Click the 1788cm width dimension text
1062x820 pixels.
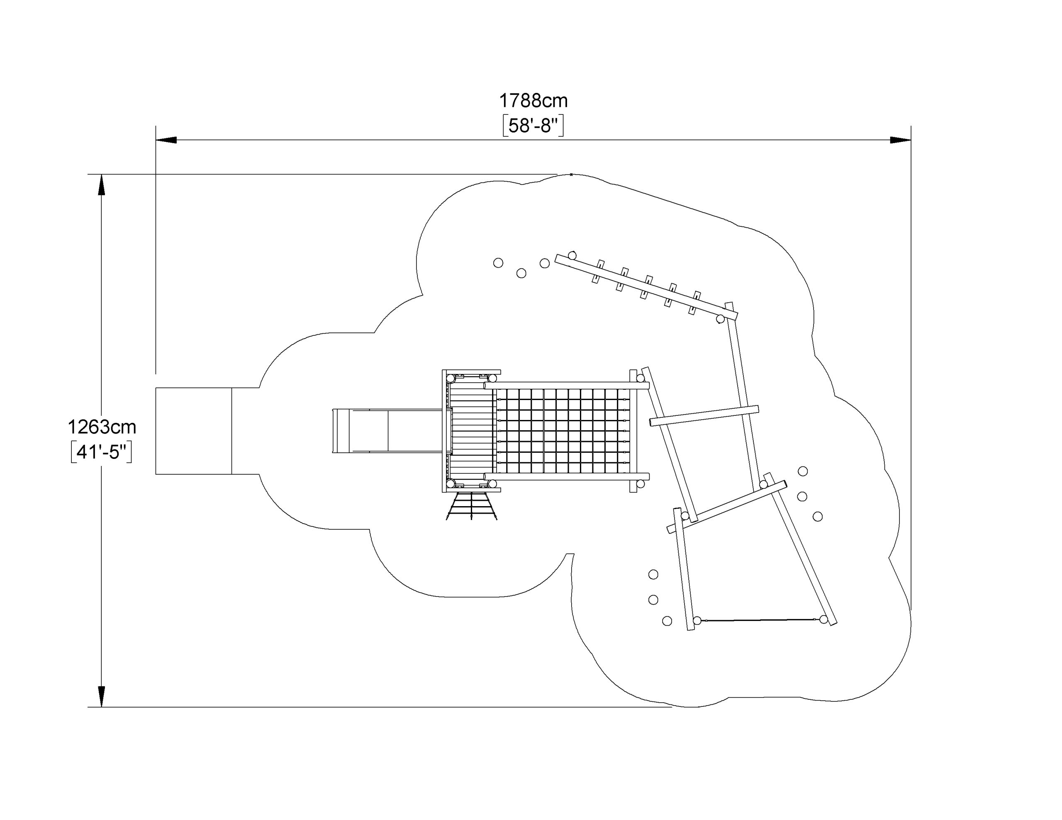pos(533,101)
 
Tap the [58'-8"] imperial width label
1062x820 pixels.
pos(533,126)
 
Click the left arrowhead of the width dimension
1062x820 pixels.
pos(166,140)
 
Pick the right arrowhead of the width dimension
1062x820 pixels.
pos(901,140)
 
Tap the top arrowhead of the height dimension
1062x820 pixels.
pos(101,185)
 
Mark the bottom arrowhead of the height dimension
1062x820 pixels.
pos(101,696)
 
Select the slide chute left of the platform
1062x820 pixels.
pos(388,431)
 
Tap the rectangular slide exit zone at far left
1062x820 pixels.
pos(194,431)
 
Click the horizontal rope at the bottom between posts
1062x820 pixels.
pos(760,620)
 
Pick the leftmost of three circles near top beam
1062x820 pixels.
pos(498,263)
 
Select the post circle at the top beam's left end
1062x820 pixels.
pos(572,255)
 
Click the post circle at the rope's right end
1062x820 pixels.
pos(823,619)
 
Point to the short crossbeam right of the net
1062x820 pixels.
pos(704,415)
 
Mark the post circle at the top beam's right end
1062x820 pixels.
pos(720,319)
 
